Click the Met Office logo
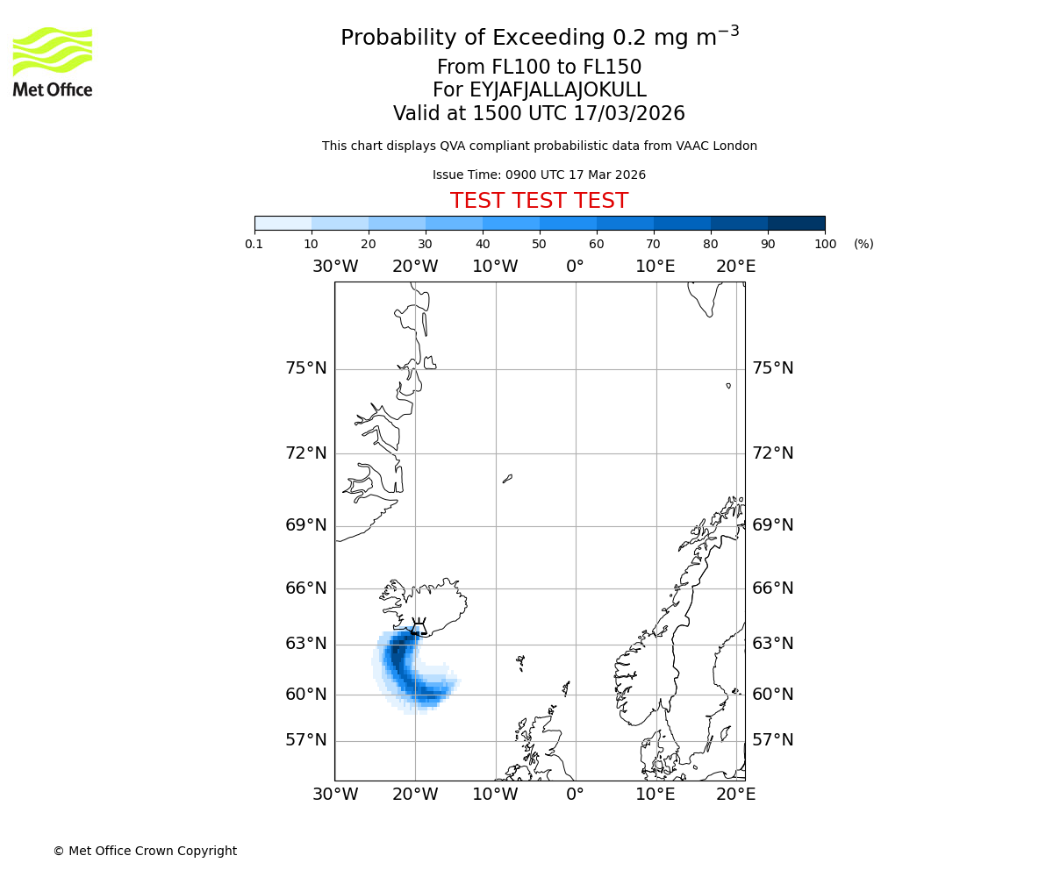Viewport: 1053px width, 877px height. [53, 61]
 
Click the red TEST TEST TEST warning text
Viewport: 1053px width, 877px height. [539, 201]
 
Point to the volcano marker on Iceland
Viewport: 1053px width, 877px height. [419, 626]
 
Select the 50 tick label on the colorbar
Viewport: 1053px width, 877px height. [539, 244]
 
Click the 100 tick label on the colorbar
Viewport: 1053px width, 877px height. [825, 244]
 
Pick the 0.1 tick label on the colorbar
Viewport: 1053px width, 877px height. [254, 244]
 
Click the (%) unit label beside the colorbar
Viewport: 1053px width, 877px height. [863, 244]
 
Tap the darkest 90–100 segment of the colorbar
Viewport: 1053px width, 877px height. [796, 223]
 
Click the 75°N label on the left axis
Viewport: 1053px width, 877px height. [306, 368]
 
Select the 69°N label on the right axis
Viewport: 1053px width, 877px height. [772, 525]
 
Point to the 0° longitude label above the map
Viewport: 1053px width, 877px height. [575, 267]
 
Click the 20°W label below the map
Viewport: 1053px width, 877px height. [415, 795]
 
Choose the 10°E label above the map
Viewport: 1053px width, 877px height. [655, 267]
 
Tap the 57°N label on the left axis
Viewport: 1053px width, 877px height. [306, 740]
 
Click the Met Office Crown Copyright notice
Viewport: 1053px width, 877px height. [145, 851]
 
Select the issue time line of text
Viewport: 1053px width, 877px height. [539, 175]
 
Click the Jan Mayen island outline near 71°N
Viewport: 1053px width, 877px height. [507, 479]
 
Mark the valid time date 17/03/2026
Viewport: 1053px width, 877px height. [629, 114]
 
